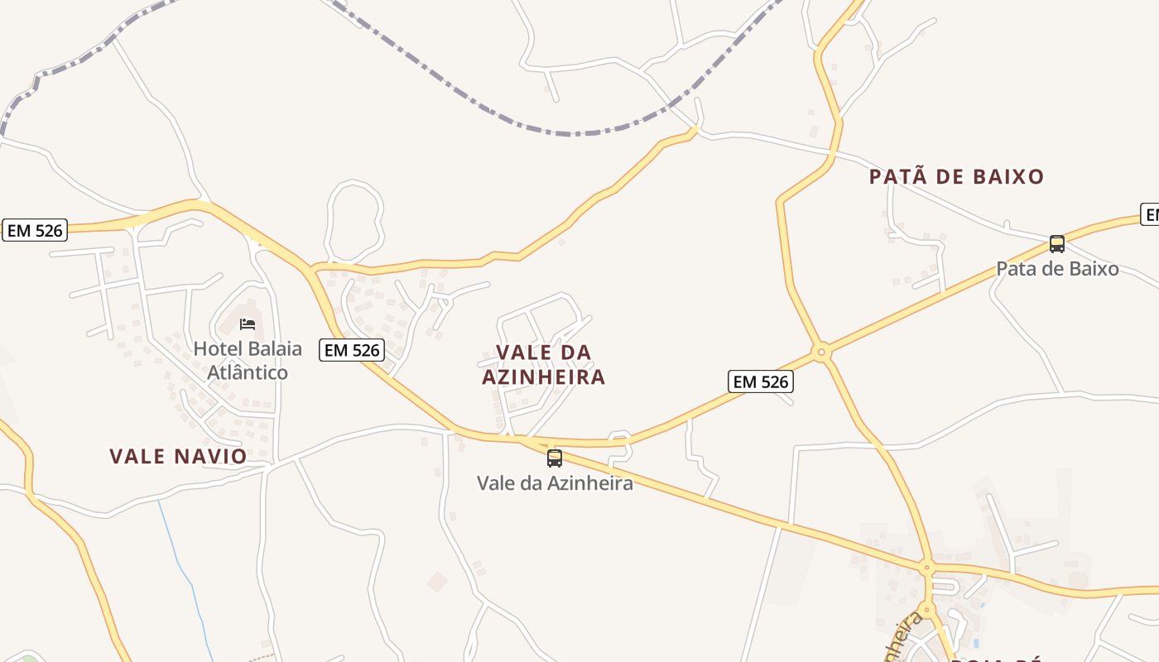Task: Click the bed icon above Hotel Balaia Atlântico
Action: coord(247,324)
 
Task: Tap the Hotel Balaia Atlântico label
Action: coord(248,360)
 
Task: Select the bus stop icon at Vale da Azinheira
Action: coord(555,458)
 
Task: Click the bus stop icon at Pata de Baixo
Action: coord(1057,244)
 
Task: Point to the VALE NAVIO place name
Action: coord(178,456)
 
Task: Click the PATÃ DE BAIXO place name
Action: coord(956,176)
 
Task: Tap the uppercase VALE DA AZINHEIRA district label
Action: coord(544,365)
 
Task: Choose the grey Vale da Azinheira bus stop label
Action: coord(555,482)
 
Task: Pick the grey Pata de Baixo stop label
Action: coord(1057,269)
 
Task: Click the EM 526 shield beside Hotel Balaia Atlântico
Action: coord(353,350)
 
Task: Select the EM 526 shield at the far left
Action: coord(35,230)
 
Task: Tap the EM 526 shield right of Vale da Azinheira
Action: coord(761,381)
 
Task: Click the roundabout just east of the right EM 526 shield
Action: coord(821,353)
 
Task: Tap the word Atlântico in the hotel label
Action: coord(248,372)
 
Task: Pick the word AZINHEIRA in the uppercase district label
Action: coord(544,377)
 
